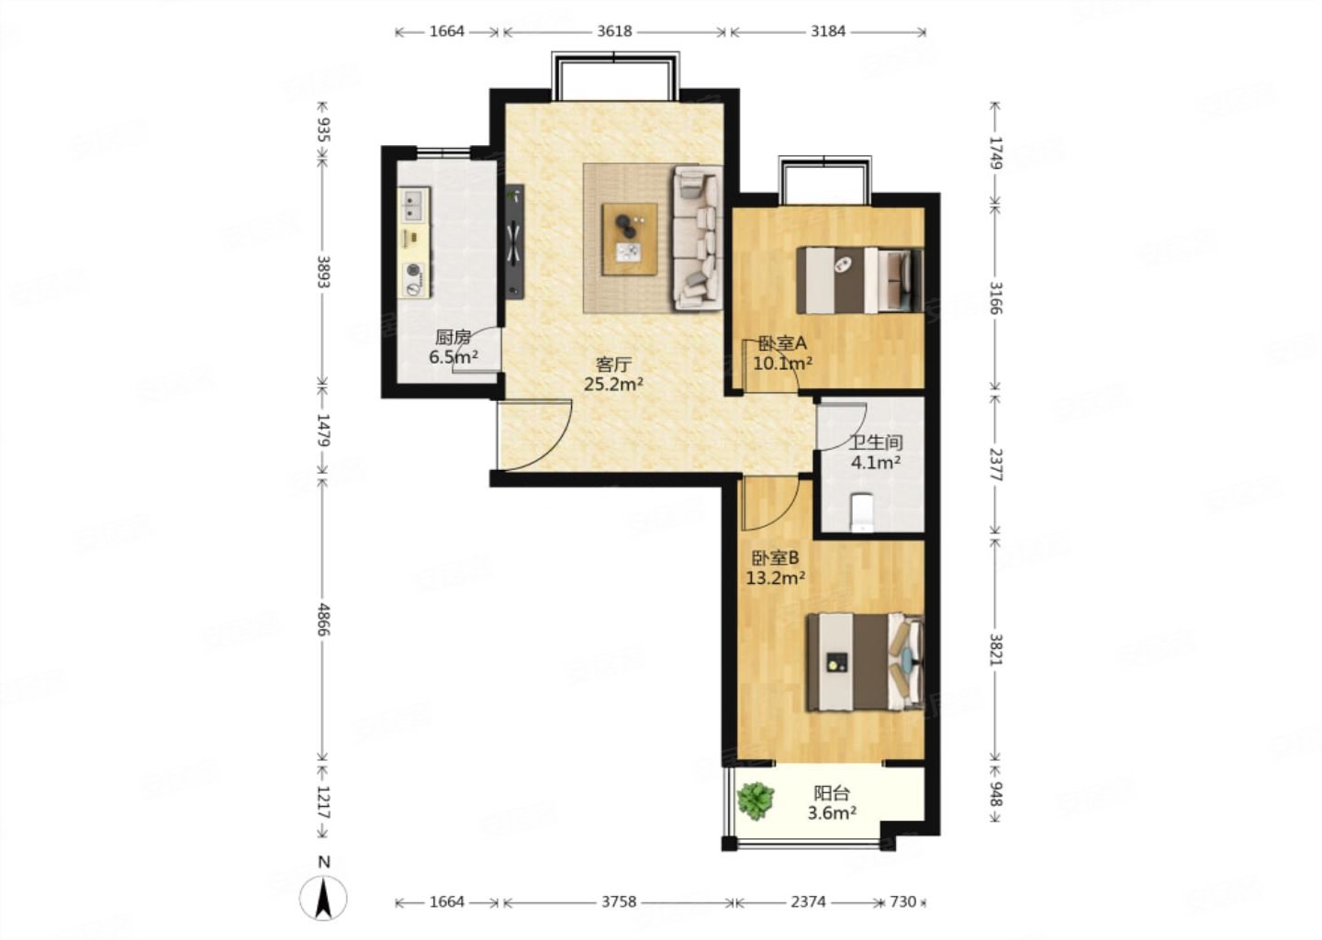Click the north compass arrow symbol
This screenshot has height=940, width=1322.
click(323, 898)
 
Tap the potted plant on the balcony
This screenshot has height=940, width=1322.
click(756, 800)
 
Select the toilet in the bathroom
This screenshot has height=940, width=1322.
click(862, 511)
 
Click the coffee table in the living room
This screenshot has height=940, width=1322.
click(630, 239)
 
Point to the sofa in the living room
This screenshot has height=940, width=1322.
click(698, 238)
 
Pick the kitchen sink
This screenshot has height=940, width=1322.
click(414, 204)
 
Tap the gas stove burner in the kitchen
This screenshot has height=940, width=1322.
click(415, 279)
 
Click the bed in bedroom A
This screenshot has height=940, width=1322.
click(859, 280)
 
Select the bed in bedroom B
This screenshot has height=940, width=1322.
click(865, 662)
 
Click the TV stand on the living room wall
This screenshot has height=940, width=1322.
click(515, 242)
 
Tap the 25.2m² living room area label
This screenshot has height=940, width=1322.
click(614, 385)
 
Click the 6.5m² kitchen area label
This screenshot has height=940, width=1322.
click(454, 357)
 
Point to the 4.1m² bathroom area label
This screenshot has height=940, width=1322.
click(876, 462)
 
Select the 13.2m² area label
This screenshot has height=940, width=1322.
click(776, 577)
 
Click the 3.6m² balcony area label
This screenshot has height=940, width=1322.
click(832, 813)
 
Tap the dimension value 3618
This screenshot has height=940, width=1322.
click(614, 31)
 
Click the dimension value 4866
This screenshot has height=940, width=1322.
click(323, 619)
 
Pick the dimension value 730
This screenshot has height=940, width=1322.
click(903, 901)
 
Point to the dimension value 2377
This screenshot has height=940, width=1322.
click(995, 465)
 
